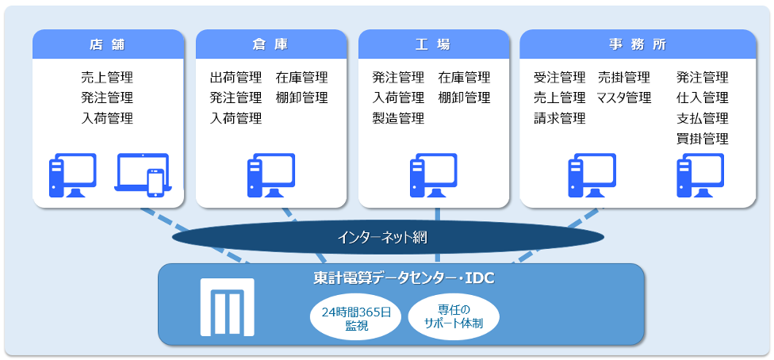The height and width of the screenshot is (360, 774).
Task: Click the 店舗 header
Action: coord(108,44)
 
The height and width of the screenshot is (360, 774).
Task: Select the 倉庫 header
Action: coord(271,44)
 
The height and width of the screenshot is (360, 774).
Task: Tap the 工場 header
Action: coord(434,44)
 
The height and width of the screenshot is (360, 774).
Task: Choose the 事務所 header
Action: coord(638,44)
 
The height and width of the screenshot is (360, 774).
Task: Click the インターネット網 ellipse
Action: coord(388,238)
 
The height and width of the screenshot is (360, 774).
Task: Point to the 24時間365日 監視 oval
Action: coord(356,319)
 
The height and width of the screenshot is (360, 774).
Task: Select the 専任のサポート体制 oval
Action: coord(454,316)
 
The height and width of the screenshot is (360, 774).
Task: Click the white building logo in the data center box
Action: coord(228,307)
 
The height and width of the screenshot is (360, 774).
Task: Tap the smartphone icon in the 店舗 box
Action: coord(155,182)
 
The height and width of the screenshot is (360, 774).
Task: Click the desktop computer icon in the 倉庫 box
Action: coord(271,175)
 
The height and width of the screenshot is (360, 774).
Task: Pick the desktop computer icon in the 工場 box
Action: coord(434,175)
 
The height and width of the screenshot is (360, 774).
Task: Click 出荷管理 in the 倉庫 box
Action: coord(236,78)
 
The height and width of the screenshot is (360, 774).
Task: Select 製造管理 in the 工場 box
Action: coord(398,118)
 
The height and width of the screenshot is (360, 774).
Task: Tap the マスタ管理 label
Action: coord(624,98)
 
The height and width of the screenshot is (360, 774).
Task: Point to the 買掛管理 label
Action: coord(703,139)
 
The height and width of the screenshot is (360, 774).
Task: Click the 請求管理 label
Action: coord(560,118)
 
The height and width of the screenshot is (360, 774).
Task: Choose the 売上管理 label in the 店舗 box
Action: coord(107,78)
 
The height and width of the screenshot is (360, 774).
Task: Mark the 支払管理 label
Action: coord(703,118)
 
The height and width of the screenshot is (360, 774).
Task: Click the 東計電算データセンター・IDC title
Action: coord(404,279)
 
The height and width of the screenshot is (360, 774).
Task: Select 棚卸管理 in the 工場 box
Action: coord(464,98)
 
